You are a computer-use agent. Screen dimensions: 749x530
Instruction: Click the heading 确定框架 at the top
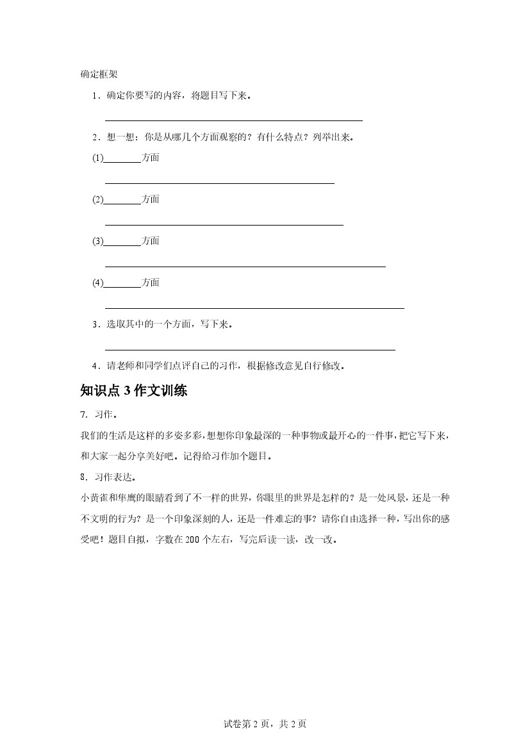point(99,74)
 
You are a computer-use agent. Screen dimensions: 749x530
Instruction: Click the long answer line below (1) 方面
point(219,183)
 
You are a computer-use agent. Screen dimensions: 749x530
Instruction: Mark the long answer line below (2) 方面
point(224,225)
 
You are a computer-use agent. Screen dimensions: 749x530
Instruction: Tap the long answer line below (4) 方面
point(254,308)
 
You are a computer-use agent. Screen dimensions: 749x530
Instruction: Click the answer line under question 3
point(249,350)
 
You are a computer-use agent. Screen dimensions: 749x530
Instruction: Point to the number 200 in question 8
point(192,539)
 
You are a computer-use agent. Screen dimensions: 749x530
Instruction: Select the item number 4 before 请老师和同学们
point(95,366)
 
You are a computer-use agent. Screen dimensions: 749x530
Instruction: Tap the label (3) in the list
point(97,241)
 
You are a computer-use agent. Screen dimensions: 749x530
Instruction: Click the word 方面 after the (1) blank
point(151,158)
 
